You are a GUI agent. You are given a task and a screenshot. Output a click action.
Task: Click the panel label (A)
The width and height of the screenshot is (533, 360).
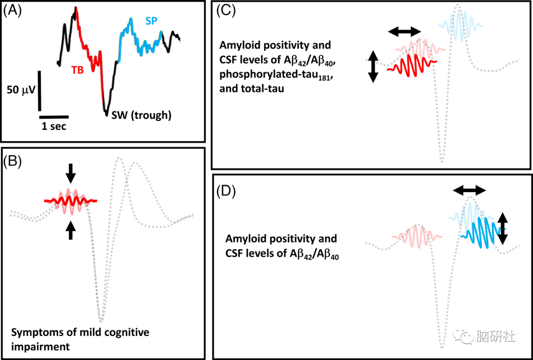[x=12, y=11]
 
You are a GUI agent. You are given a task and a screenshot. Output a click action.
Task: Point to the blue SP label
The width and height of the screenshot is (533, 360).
[x=152, y=21]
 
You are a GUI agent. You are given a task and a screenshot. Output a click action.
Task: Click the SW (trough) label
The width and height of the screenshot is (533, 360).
[x=141, y=116]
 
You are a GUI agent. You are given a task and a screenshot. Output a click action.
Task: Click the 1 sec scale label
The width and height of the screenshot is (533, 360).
[x=54, y=126]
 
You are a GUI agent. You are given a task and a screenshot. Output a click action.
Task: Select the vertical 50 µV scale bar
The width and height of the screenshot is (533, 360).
[x=40, y=91]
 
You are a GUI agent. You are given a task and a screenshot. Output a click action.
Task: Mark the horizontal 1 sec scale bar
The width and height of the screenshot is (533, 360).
[x=54, y=118]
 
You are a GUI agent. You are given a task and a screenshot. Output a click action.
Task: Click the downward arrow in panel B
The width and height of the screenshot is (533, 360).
[x=71, y=173]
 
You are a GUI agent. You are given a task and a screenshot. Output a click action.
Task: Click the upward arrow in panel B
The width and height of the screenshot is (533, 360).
[x=71, y=230]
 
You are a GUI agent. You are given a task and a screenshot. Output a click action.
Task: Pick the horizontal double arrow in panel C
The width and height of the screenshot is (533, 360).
[x=405, y=32]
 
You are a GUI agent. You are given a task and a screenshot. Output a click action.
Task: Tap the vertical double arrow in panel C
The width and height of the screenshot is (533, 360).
[x=373, y=66]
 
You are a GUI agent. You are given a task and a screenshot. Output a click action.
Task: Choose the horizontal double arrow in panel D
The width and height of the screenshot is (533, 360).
[x=470, y=190]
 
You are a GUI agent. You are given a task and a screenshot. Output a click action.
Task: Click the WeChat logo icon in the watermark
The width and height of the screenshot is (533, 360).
[x=465, y=337]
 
